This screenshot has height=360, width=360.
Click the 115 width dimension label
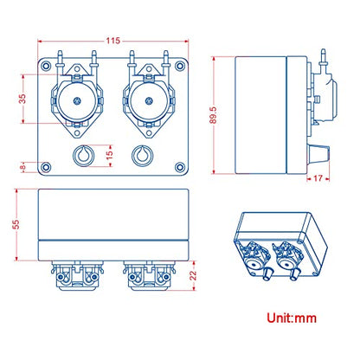[112, 41]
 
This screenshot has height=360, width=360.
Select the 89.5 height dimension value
[213, 115]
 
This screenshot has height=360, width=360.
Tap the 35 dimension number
[22, 99]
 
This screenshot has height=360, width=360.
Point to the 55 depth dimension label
[16, 224]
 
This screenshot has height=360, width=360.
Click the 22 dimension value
[193, 275]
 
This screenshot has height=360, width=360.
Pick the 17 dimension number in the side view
[318, 178]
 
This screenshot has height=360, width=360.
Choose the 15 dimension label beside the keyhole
[109, 155]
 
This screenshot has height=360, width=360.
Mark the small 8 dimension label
[23, 167]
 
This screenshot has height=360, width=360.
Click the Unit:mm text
[292, 318]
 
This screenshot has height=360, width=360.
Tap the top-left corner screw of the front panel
[46, 66]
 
